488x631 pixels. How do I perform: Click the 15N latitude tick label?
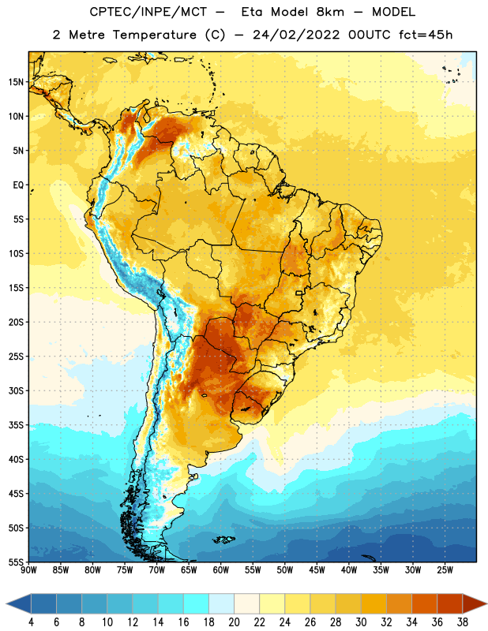(16, 82)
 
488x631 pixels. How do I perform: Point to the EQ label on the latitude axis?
(18, 185)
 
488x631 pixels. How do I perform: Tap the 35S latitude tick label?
(16, 425)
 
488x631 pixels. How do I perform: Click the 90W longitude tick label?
(28, 570)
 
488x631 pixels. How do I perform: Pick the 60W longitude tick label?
(221, 570)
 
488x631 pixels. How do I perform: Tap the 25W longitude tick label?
(445, 570)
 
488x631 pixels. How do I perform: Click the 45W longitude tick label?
(317, 570)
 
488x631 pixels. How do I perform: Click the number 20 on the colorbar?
(234, 622)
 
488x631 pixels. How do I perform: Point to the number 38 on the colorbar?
(462, 622)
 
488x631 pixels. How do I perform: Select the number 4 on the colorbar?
(31, 622)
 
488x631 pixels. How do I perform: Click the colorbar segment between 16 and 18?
(196, 603)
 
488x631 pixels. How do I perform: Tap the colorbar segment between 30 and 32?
(374, 603)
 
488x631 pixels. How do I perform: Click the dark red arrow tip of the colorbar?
(486, 603)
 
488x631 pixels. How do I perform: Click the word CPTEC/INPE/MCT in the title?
(148, 12)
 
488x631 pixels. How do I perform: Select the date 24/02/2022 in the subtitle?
(296, 35)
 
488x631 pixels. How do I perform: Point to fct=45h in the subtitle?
(426, 35)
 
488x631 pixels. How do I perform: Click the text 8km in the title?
(330, 12)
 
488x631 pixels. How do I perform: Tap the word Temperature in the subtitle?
(154, 35)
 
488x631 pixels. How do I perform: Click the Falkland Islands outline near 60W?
(223, 540)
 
